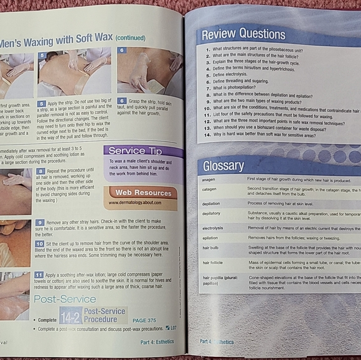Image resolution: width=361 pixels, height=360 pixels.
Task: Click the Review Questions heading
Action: point(243,34)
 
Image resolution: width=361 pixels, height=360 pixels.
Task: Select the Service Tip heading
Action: point(136,150)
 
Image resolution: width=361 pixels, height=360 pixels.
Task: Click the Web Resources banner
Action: point(143,193)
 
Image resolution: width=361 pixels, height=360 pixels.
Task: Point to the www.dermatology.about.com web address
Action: point(135,203)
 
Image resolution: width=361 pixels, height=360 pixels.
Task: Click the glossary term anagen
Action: point(209,180)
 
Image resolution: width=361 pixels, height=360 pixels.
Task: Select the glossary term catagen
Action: point(209,189)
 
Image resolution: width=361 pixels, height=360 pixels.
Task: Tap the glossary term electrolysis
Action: point(213,228)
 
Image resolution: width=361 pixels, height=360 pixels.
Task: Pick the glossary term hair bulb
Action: point(211,248)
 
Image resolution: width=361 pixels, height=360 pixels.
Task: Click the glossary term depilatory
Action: point(212,213)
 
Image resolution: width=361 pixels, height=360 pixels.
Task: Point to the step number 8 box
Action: point(40,170)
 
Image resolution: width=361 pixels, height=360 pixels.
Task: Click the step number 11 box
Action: point(39,274)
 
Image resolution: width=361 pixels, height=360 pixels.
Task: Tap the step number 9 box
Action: point(40,222)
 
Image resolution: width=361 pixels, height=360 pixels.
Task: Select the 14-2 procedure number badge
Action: point(70,314)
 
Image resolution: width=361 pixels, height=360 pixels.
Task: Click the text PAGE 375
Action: point(144,320)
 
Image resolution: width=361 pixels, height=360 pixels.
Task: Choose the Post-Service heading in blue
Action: point(64,299)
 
